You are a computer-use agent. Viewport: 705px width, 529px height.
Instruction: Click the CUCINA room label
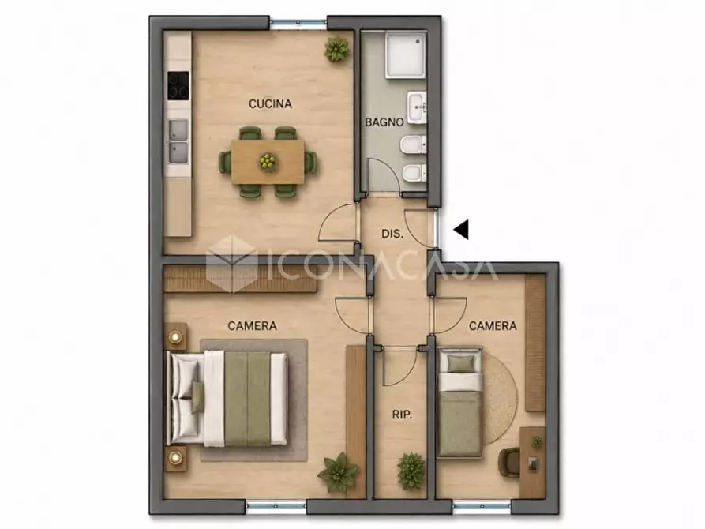[270, 104]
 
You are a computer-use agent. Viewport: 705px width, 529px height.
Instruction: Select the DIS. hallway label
[392, 234]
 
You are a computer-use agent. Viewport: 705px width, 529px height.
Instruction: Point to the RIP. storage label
[402, 415]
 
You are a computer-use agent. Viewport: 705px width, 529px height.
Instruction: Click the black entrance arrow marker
[461, 230]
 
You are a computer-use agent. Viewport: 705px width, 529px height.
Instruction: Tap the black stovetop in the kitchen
[178, 85]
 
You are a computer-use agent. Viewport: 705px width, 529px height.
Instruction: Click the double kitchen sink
[178, 141]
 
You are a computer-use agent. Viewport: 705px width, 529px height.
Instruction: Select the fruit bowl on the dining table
[268, 160]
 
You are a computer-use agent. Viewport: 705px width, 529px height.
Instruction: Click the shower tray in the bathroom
[406, 54]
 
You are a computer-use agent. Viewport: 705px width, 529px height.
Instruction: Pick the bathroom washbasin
[418, 107]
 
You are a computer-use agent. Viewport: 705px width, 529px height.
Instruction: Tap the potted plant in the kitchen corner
[337, 49]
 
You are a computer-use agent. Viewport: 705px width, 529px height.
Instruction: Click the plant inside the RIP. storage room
[411, 471]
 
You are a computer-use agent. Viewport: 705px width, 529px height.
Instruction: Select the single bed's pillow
[461, 363]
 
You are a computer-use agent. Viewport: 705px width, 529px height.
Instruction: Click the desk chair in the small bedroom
[509, 461]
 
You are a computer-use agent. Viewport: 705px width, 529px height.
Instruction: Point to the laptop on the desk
[533, 464]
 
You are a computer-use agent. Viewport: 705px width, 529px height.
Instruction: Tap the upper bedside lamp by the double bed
[175, 336]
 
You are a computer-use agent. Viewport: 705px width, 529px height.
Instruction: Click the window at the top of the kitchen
[298, 22]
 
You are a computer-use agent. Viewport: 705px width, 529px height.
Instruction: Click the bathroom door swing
[384, 176]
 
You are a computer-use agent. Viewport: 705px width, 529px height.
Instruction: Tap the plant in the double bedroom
[338, 472]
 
